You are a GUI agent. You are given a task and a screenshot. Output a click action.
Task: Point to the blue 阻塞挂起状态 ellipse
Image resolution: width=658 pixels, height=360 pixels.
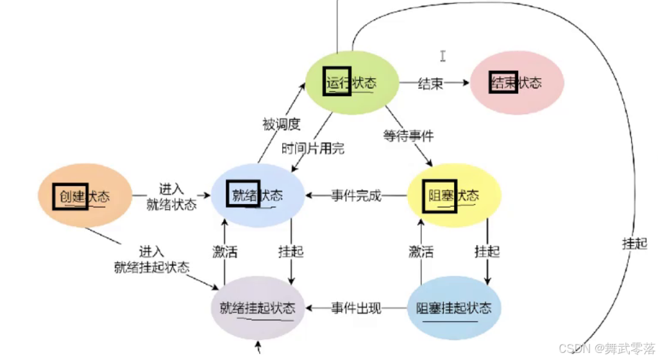[454, 308]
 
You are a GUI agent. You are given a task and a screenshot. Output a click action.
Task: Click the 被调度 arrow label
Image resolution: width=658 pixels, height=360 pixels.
[281, 123]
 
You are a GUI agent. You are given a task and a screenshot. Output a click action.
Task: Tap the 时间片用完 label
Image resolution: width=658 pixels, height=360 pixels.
[313, 148]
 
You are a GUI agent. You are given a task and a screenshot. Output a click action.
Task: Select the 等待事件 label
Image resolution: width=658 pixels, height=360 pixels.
[408, 135]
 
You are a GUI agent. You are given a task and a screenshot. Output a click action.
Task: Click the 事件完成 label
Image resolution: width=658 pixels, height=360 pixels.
[356, 196]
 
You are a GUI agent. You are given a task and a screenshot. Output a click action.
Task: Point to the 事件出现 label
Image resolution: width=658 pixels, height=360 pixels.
[356, 308]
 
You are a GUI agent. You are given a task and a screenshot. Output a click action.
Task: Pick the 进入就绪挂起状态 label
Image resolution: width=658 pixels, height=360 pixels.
[152, 259]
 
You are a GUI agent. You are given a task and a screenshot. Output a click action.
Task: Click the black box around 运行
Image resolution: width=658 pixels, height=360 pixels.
[337, 81]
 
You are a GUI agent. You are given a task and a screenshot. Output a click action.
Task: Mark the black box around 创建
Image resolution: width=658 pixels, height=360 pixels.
[71, 196]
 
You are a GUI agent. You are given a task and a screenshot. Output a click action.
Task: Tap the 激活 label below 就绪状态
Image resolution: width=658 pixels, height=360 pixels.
[224, 252]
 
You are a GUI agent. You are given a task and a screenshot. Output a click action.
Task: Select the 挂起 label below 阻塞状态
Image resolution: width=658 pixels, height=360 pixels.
[487, 252]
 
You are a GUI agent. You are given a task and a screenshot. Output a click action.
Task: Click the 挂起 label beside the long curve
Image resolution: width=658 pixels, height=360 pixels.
[634, 243]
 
